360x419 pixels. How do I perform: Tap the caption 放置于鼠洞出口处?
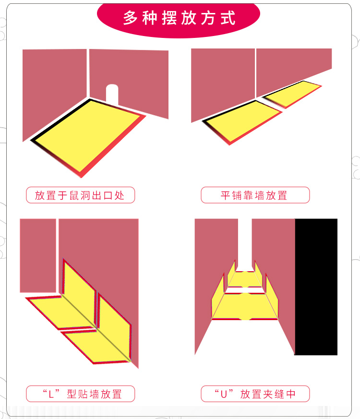[x=80, y=195]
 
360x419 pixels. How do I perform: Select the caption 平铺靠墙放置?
[x=255, y=195]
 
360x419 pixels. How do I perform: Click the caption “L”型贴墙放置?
[x=80, y=394]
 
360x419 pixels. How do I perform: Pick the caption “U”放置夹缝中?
[x=255, y=394]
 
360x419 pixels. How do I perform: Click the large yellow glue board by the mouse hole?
[x=88, y=137]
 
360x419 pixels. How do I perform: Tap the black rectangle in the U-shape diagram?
[x=316, y=287]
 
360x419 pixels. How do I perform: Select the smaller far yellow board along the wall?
[x=292, y=94]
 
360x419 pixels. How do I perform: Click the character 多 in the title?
[x=130, y=18]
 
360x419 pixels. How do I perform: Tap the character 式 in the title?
[x=228, y=18]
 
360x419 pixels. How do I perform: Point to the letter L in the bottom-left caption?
[x=51, y=395]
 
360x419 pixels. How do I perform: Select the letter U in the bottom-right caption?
[x=224, y=395]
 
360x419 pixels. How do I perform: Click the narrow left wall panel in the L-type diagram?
[x=38, y=255]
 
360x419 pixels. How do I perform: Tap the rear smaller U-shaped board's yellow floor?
[x=245, y=279]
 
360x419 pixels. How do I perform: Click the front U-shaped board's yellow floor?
[x=245, y=306]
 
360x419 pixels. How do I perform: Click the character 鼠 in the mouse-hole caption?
[x=74, y=195]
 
